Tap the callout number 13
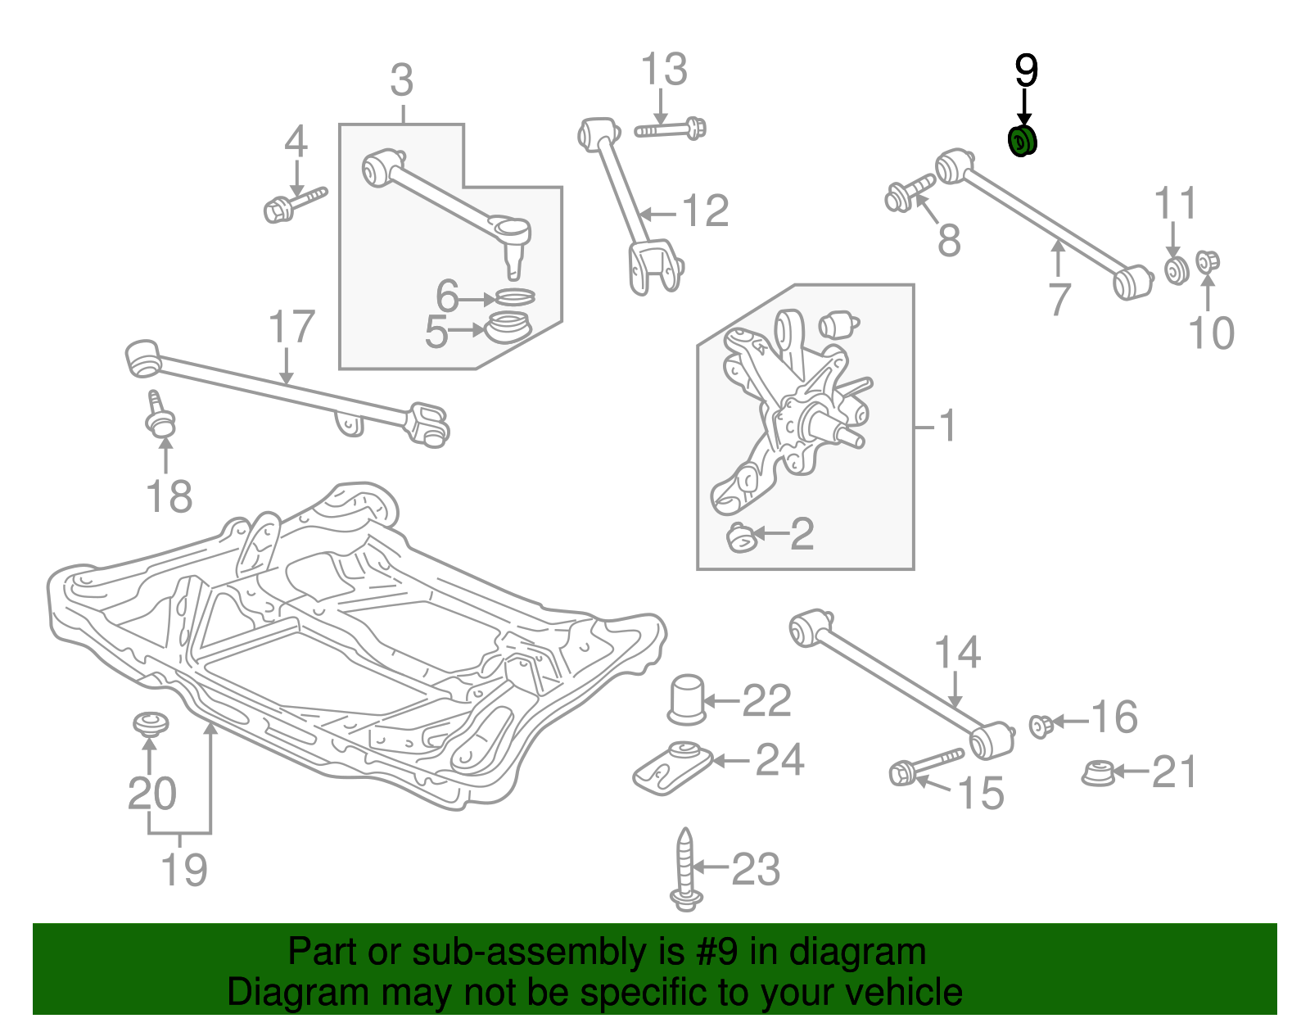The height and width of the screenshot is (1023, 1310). point(663,70)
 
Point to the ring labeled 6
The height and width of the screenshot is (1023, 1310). point(515,296)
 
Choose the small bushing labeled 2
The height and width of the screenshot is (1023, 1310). point(740,537)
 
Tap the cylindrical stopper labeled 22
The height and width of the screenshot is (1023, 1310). point(686,699)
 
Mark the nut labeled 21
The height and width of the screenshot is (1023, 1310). point(1097,773)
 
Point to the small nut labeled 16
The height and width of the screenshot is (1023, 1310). point(1040,724)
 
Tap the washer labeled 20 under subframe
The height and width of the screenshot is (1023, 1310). point(150,724)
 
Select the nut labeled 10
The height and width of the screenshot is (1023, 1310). point(1207,262)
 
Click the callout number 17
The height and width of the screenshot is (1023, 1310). point(291,328)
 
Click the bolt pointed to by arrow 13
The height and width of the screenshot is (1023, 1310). point(671,129)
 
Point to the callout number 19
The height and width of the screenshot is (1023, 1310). point(183,870)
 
